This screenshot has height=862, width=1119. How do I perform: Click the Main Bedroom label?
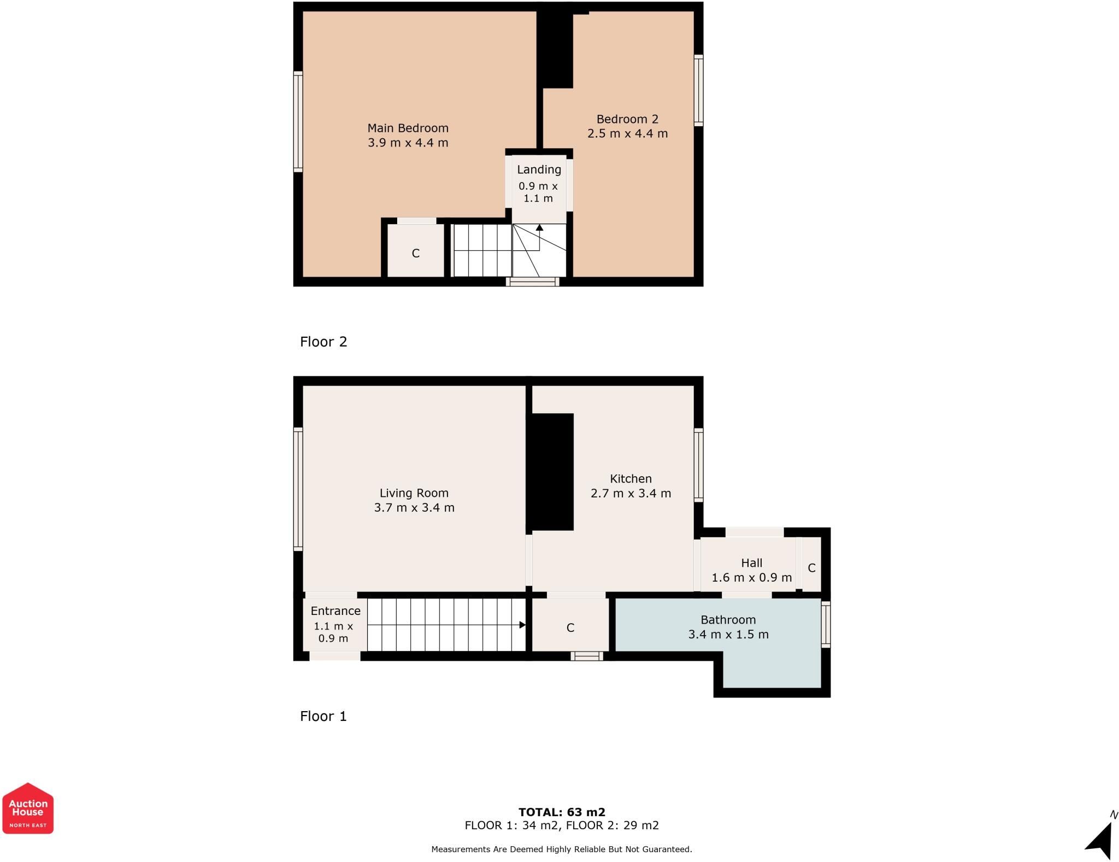(408, 128)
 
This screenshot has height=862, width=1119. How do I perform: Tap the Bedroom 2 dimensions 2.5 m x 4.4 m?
(627, 133)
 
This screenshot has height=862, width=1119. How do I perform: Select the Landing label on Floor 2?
(539, 169)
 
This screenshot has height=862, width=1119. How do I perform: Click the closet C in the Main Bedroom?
(416, 253)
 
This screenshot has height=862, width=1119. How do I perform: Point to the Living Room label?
(414, 493)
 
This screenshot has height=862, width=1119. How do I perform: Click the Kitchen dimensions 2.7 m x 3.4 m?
(631, 493)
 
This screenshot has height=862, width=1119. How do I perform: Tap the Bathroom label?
(728, 620)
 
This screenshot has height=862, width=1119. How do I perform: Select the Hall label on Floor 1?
(751, 563)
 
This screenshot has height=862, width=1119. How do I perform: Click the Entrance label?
(335, 611)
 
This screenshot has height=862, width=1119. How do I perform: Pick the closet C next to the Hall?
(811, 568)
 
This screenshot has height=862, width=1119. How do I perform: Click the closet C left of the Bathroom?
(570, 628)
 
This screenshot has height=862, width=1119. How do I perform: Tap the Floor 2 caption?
(323, 342)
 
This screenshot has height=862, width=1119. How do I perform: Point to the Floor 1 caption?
(323, 716)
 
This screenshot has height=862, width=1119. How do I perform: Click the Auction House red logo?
(28, 808)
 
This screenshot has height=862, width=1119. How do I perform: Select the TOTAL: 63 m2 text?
(562, 812)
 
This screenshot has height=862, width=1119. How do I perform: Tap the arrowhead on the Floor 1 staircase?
(522, 625)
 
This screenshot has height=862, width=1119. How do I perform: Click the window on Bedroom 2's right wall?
(698, 90)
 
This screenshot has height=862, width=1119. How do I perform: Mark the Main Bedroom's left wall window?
(298, 121)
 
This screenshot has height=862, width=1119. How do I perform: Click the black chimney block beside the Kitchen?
(552, 472)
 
